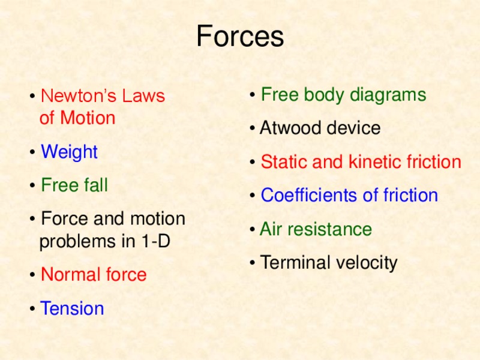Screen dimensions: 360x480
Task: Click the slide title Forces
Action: [x=240, y=37]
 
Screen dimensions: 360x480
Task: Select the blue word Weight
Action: [x=69, y=152]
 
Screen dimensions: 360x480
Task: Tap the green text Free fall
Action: [x=74, y=185]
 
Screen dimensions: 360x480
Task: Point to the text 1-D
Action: [x=155, y=241]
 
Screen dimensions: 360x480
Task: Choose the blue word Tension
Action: [x=72, y=308]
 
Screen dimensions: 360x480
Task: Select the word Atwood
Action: [x=290, y=128]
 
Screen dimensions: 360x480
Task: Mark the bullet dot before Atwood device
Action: [x=254, y=129]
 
